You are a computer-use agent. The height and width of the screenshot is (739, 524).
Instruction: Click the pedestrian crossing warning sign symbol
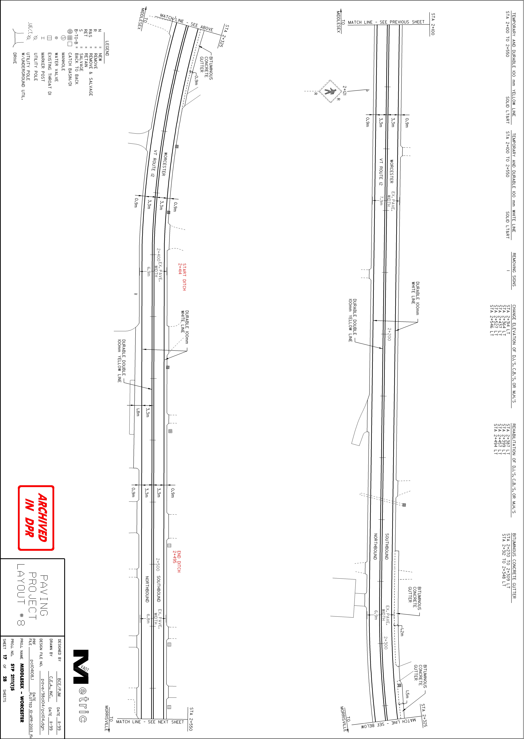tap(330, 91)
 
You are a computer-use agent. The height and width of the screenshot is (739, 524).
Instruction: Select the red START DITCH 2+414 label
tap(182, 277)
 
